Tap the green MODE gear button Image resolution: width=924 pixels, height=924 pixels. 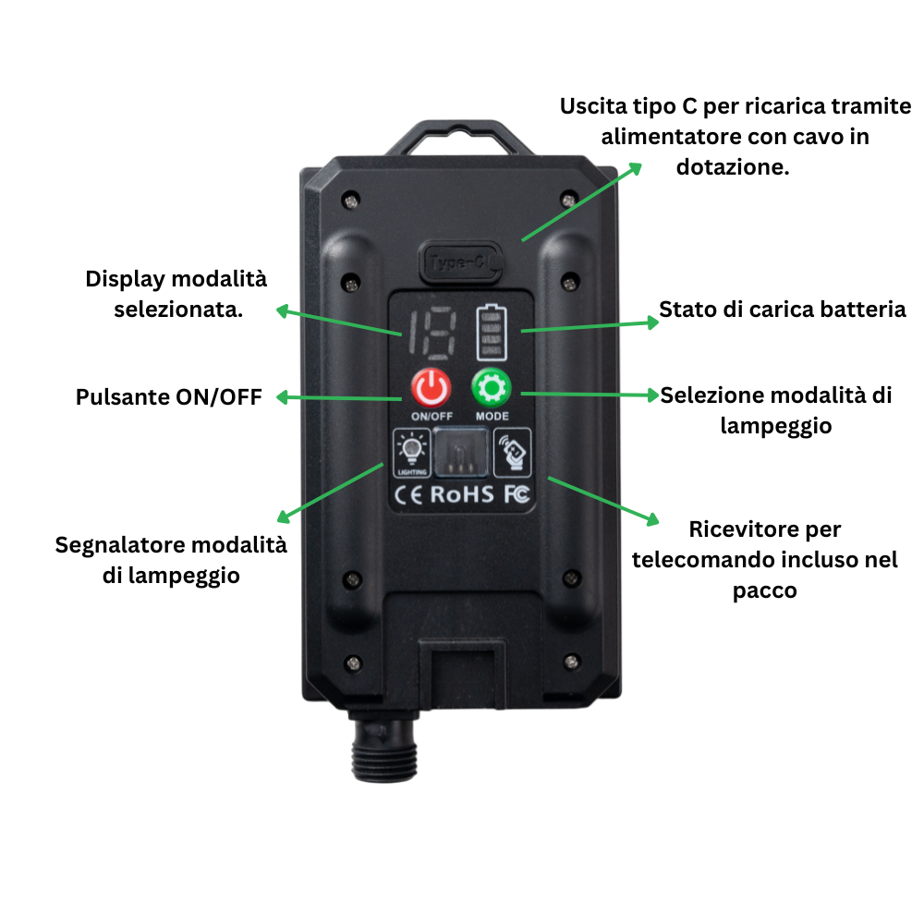pos(492,388)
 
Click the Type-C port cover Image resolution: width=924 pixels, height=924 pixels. pos(459,261)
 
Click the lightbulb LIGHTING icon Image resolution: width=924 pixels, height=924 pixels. pos(411,453)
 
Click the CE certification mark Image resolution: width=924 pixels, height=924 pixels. pos(409,494)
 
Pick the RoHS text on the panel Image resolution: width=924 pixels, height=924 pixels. pos(462,494)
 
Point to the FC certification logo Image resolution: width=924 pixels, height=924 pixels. pos(517,494)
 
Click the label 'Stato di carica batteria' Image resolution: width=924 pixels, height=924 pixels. pos(782,310)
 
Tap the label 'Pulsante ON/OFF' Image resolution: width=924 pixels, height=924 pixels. pos(169,397)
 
